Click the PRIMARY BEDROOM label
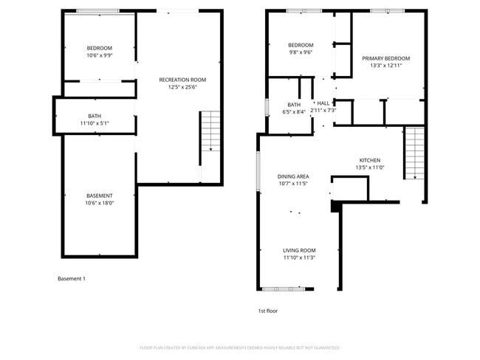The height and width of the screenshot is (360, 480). click(x=385, y=58)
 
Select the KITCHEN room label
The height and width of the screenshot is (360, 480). click(x=369, y=160)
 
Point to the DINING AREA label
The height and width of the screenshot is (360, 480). click(x=292, y=176)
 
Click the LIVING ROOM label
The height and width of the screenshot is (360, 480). click(x=299, y=250)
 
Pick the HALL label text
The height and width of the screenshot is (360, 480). click(x=323, y=103)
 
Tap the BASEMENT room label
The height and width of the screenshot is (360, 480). click(x=100, y=195)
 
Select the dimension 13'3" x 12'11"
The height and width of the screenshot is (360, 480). click(x=385, y=66)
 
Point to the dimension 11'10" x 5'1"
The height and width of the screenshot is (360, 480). click(x=95, y=123)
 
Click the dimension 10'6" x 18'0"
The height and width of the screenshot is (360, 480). click(x=100, y=203)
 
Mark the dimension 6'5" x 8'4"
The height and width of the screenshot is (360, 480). click(x=293, y=112)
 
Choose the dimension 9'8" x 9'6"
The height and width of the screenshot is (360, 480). click(x=301, y=52)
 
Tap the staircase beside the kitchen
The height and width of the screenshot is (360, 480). click(x=415, y=153)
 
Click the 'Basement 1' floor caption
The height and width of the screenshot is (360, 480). click(x=72, y=279)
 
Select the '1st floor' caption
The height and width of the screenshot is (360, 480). click(x=268, y=311)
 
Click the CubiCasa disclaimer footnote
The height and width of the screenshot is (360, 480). click(x=239, y=347)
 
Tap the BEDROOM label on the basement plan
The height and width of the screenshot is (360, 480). click(x=100, y=48)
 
